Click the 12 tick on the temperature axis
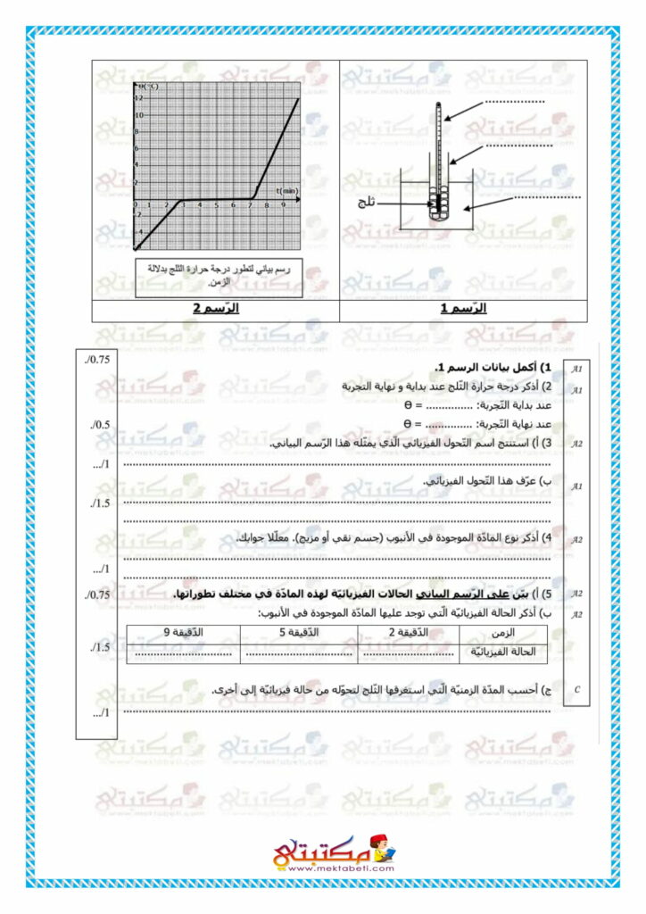tap(137, 98)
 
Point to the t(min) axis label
tap(286, 191)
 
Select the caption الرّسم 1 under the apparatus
tap(464, 310)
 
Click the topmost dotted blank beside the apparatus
tap(515, 104)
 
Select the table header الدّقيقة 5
tap(299, 633)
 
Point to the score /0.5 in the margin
tap(98, 424)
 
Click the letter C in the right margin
tap(577, 689)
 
